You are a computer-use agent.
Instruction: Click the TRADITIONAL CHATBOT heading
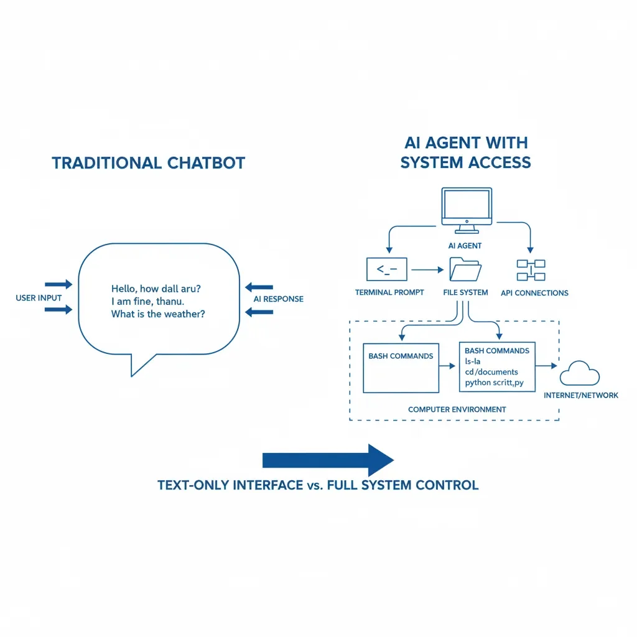pyautogui.click(x=148, y=163)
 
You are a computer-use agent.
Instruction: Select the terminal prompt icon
pyautogui.click(x=387, y=269)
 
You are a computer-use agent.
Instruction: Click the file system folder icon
pyautogui.click(x=465, y=270)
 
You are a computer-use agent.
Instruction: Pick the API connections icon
pyautogui.click(x=531, y=271)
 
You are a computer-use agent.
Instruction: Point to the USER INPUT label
pyautogui.click(x=39, y=298)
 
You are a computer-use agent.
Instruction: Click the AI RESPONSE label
pyautogui.click(x=278, y=299)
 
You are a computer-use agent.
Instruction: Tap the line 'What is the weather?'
pyautogui.click(x=158, y=314)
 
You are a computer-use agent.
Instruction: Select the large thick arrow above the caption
pyautogui.click(x=328, y=460)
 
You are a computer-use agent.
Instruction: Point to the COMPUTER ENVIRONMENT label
pyautogui.click(x=457, y=409)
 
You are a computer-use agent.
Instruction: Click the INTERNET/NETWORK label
pyautogui.click(x=581, y=396)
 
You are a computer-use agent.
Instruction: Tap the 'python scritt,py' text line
pyautogui.click(x=494, y=383)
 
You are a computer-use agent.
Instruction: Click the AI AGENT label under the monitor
pyautogui.click(x=465, y=246)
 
